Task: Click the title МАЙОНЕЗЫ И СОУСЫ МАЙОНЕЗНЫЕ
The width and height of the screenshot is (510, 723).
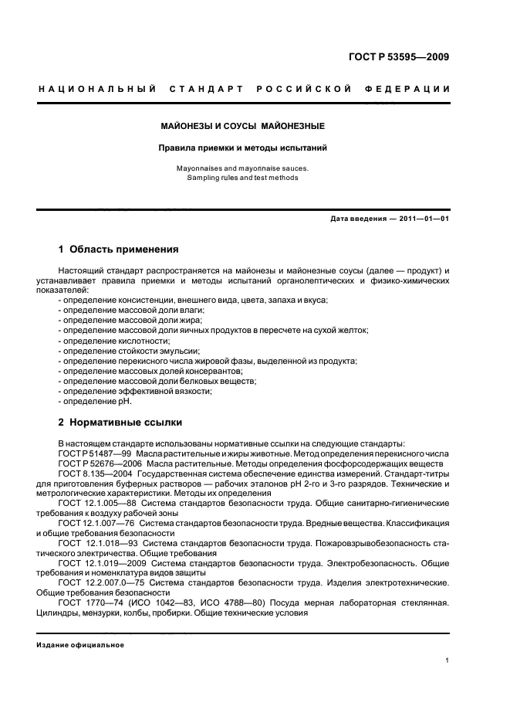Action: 242,125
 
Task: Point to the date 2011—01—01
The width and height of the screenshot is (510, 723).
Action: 423,219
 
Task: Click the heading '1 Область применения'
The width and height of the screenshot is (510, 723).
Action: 119,250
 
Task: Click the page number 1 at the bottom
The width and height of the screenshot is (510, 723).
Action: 448,660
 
